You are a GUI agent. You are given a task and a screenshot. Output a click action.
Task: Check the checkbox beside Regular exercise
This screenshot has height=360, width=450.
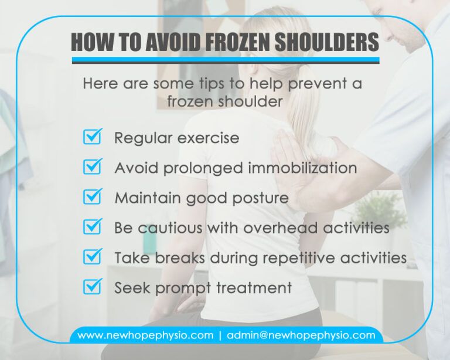click(x=93, y=138)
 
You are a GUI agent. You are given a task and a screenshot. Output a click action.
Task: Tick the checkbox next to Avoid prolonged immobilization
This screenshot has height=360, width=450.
click(x=93, y=168)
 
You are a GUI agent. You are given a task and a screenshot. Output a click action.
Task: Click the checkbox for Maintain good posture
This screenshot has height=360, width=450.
click(x=93, y=198)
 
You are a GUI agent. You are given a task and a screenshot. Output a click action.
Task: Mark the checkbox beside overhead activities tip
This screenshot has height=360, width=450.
click(x=93, y=227)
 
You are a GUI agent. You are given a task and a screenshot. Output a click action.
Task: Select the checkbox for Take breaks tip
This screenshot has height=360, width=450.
click(x=93, y=257)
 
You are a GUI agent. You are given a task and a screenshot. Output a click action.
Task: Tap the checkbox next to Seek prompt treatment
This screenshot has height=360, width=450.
click(x=93, y=287)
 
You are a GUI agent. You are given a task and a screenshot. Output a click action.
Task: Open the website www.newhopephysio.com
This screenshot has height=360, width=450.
click(x=145, y=336)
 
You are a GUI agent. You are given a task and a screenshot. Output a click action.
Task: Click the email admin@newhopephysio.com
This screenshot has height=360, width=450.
click(x=301, y=336)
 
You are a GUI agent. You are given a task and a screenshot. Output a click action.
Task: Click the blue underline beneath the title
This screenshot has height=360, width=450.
click(x=226, y=60)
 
